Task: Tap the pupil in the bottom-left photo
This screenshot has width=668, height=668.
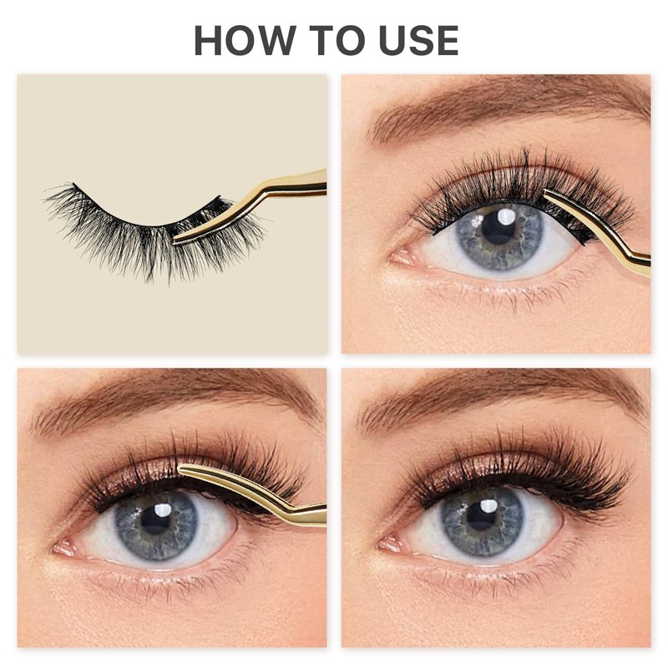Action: pyautogui.click(x=157, y=519)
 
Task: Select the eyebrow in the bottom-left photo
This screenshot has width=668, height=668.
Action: pyautogui.click(x=167, y=401)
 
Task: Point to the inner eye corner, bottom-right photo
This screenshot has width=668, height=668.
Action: pyautogui.click(x=386, y=544)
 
